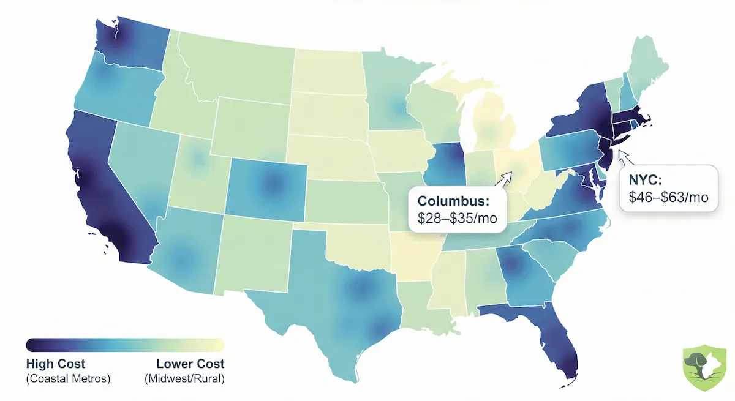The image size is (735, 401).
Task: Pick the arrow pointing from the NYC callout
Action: pyautogui.click(x=626, y=157)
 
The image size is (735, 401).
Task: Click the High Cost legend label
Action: pyautogui.click(x=56, y=364)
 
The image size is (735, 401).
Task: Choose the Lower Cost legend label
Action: pyautogui.click(x=190, y=364)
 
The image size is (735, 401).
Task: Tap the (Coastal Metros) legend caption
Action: pyautogui.click(x=68, y=379)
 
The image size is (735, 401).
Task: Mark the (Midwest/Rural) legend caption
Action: pyautogui.click(x=185, y=379)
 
